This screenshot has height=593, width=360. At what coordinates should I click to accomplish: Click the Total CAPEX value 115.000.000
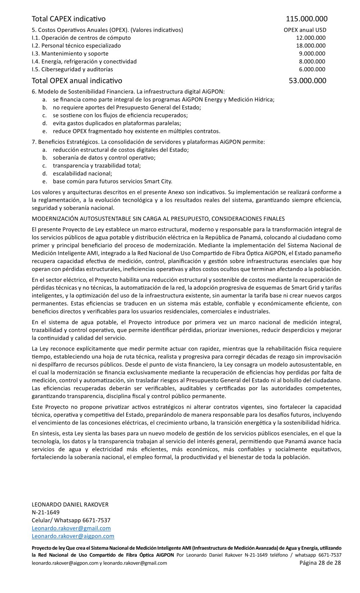(x=306, y=19)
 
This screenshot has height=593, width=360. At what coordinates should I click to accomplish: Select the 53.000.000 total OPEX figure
(x=307, y=80)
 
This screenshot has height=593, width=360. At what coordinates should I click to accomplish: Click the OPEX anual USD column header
(x=305, y=30)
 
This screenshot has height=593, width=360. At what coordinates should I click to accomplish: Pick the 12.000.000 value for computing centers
(x=310, y=38)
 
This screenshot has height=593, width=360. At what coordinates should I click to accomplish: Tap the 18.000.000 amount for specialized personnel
(x=310, y=46)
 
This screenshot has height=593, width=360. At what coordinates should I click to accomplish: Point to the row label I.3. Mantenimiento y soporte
(x=70, y=53)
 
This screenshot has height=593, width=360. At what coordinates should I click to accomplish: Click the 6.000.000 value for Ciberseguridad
(x=312, y=69)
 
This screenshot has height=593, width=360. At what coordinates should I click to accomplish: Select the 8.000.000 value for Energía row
(x=312, y=61)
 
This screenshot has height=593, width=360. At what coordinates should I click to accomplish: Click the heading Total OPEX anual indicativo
(x=77, y=80)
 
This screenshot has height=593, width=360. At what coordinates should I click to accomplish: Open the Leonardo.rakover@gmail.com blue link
(x=71, y=528)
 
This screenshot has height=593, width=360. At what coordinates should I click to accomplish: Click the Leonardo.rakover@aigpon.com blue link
(x=73, y=536)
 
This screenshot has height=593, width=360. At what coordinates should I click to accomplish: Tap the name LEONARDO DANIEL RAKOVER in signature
(x=70, y=504)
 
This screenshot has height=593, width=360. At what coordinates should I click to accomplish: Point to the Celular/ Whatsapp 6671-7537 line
(x=71, y=520)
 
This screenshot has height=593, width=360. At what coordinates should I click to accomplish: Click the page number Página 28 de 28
(x=320, y=563)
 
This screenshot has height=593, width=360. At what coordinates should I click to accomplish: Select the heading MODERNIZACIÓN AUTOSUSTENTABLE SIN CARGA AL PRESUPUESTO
(x=158, y=219)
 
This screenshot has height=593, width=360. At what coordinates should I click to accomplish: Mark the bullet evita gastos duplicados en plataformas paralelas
(x=117, y=123)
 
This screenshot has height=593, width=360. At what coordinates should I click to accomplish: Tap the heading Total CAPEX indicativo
(x=69, y=19)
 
